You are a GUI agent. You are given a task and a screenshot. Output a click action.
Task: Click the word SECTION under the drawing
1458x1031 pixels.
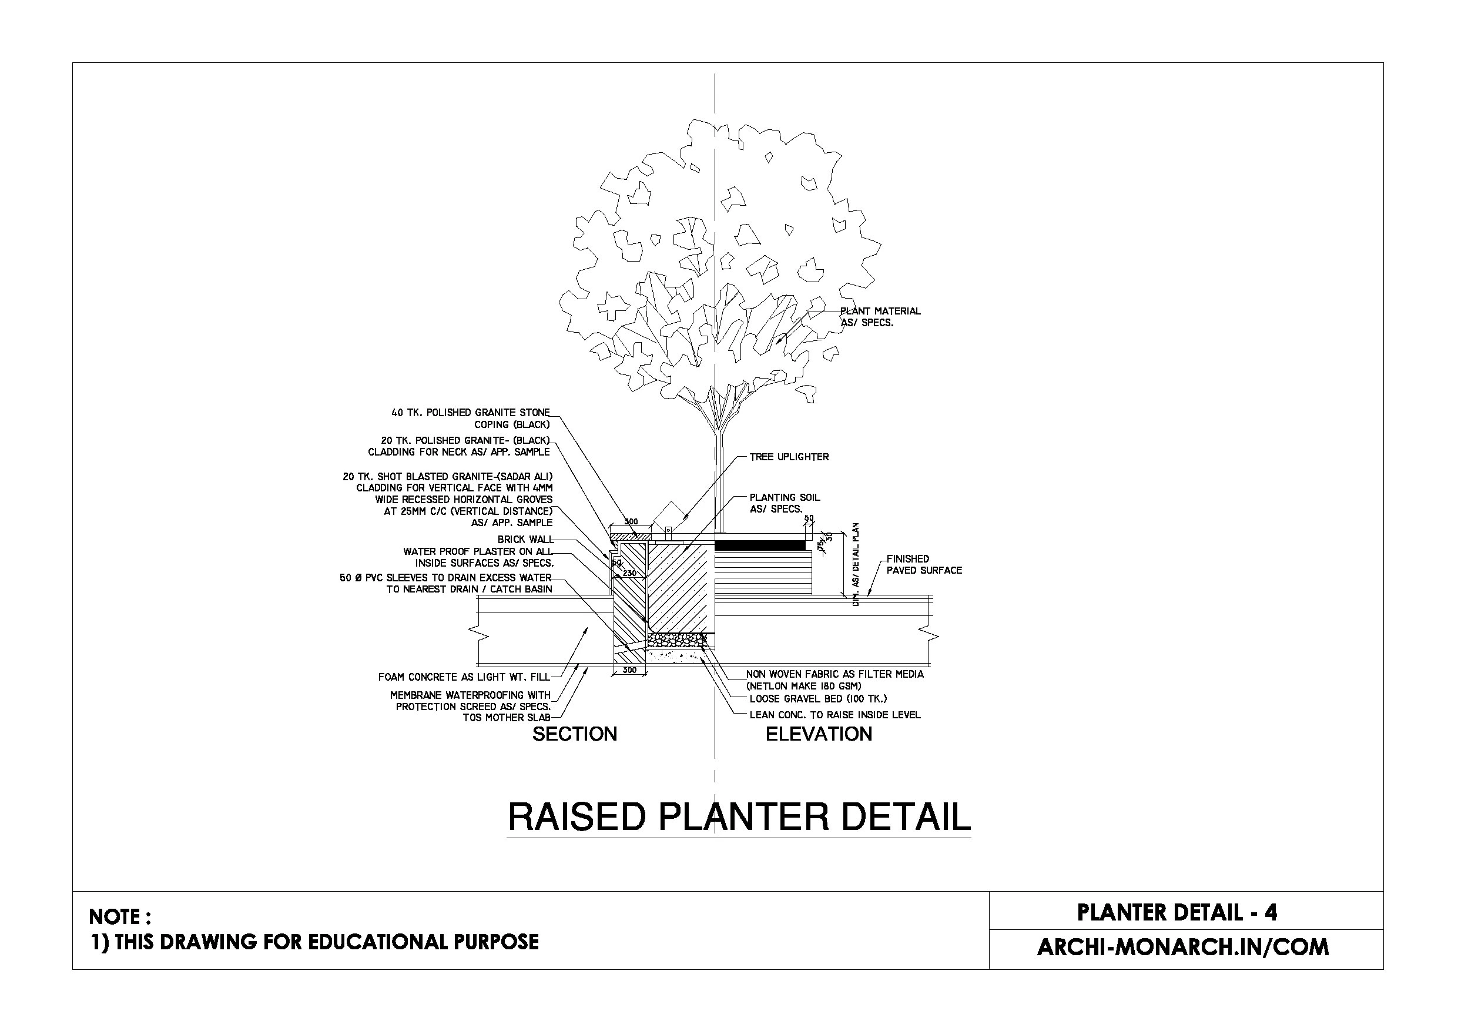(574, 734)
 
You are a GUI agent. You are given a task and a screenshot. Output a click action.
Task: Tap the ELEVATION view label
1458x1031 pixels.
(819, 734)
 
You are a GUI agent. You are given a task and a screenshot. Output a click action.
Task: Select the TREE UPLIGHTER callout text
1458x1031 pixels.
(789, 457)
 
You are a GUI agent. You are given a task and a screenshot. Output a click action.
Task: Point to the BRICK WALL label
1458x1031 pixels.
(525, 540)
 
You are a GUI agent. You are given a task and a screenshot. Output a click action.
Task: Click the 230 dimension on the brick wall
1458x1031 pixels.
(629, 573)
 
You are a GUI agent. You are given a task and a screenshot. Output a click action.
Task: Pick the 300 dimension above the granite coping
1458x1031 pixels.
(631, 522)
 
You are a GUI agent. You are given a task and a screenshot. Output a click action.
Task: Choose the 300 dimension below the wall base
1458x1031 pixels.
(629, 670)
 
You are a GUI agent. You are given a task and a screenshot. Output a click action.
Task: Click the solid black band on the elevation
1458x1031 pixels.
(759, 545)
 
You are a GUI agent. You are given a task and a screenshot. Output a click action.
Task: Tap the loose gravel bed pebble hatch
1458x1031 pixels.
(676, 638)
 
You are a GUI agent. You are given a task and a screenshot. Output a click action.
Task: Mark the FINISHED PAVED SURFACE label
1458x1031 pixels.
(924, 565)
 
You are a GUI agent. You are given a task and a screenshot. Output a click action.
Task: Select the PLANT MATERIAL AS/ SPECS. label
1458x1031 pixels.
(880, 317)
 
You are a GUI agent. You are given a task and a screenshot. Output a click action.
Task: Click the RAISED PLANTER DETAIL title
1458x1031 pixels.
(739, 817)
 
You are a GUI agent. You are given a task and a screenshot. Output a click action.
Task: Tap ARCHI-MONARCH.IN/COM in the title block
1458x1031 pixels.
(1182, 947)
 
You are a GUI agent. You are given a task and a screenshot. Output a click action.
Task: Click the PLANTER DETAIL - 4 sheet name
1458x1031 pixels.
(1177, 913)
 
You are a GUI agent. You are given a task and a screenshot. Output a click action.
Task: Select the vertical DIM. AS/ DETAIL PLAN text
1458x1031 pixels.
(856, 564)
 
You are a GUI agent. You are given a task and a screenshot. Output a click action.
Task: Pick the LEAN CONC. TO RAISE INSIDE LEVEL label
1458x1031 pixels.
(834, 715)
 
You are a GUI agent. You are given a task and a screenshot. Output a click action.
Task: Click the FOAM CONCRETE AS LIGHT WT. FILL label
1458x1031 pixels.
(464, 677)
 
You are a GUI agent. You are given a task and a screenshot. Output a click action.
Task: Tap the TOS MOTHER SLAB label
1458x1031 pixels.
(506, 718)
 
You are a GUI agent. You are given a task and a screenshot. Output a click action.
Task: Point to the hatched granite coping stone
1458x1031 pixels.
(631, 536)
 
